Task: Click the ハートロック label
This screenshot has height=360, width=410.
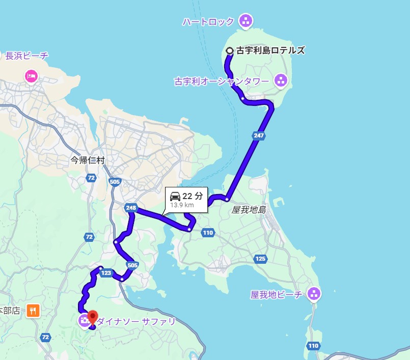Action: [x=208, y=21]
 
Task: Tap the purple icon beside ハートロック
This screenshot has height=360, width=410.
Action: [x=246, y=21]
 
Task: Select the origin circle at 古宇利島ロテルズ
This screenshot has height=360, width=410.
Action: [x=230, y=50]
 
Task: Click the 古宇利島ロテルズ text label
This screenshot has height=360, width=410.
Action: [x=270, y=50]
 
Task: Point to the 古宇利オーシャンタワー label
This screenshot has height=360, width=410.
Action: [x=222, y=81]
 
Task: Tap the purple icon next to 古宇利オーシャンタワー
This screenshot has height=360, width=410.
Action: [x=280, y=80]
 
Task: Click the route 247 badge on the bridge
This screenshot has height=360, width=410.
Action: [x=258, y=135]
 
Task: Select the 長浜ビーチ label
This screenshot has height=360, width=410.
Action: [x=27, y=56]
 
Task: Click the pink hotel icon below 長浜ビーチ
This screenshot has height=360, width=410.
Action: [x=31, y=76]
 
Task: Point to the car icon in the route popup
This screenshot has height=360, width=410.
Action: [x=175, y=196]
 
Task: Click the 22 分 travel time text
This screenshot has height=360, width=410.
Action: [x=193, y=196]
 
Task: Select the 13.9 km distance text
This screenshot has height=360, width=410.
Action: [x=182, y=205]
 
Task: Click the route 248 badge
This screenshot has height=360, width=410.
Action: [x=130, y=207]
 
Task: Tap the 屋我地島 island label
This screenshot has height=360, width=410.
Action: [x=249, y=210]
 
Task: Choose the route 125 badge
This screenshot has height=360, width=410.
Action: [x=260, y=259]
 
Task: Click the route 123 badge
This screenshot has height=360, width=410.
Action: [x=106, y=273]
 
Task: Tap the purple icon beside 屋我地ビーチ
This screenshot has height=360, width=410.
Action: [x=314, y=294]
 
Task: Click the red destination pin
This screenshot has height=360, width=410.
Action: [x=92, y=317]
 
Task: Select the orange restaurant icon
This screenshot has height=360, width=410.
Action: [x=33, y=310]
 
